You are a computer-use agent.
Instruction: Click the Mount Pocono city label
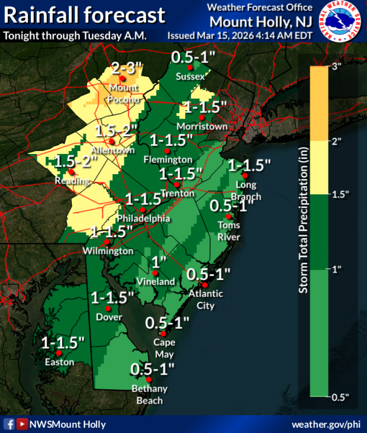pyautogui.click(x=123, y=93)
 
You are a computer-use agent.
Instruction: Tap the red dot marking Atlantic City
pyautogui.click(x=205, y=285)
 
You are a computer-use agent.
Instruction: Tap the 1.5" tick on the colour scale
pyautogui.click(x=340, y=194)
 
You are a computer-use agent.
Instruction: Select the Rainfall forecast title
pyautogui.click(x=83, y=15)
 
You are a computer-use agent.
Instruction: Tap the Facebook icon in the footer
pyautogui.click(x=9, y=424)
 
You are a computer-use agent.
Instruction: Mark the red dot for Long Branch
pyautogui.click(x=244, y=175)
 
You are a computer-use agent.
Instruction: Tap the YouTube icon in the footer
pyautogui.click(x=22, y=424)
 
